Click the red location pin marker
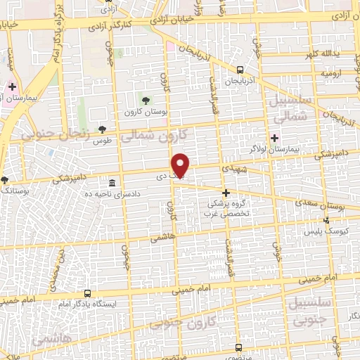point(181,165)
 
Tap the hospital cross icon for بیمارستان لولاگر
point(275,138)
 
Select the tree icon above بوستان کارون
point(146,101)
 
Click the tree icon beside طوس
point(103,129)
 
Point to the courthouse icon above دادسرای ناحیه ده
point(112,184)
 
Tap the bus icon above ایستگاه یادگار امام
point(87,293)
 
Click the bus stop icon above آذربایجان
point(240,70)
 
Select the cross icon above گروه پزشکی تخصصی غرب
point(226,193)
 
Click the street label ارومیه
point(330,73)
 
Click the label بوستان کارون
point(146,112)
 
